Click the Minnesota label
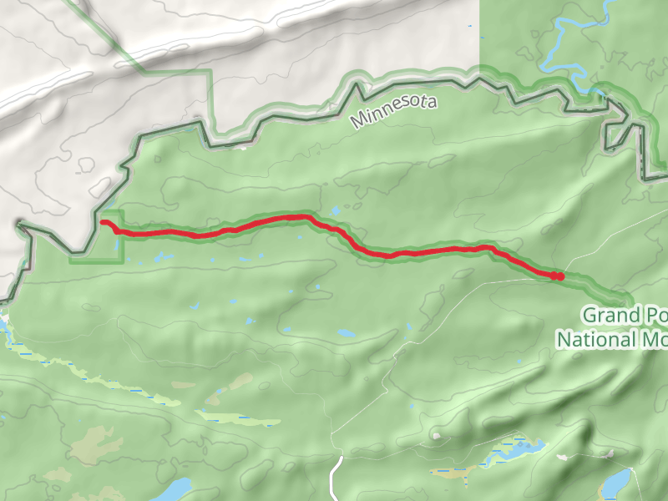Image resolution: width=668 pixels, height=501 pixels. (x=394, y=111)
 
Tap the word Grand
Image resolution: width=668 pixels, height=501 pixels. (x=607, y=315)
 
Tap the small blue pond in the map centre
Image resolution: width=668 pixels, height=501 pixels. (x=346, y=333)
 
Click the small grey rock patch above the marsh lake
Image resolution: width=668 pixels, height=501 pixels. (x=435, y=435)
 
